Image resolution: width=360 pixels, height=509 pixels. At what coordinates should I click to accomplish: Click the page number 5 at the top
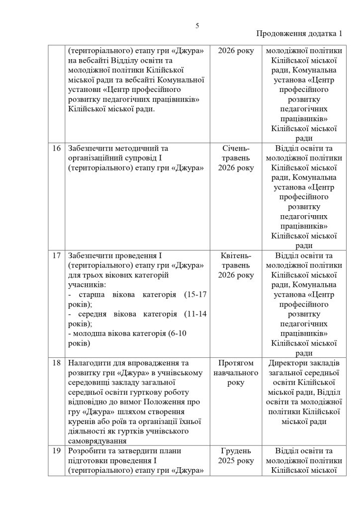[197, 26]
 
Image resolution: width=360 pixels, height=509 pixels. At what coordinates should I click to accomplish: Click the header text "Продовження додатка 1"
[299, 34]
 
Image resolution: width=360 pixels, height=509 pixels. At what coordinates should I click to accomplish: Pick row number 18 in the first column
[56, 363]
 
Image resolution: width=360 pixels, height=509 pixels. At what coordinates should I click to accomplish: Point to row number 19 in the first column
[56, 451]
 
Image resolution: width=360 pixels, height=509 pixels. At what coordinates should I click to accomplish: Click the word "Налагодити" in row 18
[88, 363]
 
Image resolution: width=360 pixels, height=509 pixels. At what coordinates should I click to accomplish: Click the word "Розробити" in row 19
[86, 451]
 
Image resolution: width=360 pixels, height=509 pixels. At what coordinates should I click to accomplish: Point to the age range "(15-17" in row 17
[195, 295]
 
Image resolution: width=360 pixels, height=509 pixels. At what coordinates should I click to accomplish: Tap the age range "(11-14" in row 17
[195, 314]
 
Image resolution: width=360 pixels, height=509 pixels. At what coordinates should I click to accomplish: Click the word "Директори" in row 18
[287, 363]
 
